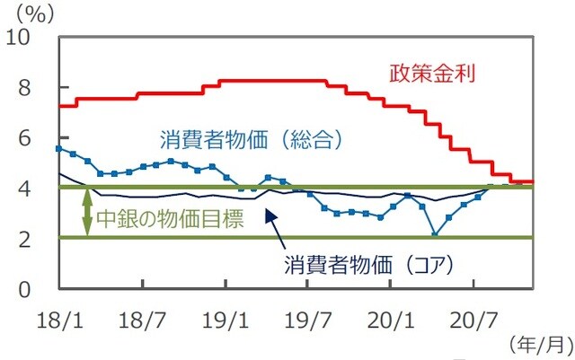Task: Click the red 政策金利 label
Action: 431,73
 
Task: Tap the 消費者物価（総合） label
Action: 252,140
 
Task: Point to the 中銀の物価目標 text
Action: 170,219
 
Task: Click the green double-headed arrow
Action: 87,213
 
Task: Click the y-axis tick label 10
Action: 24,38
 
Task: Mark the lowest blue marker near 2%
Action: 435,235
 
